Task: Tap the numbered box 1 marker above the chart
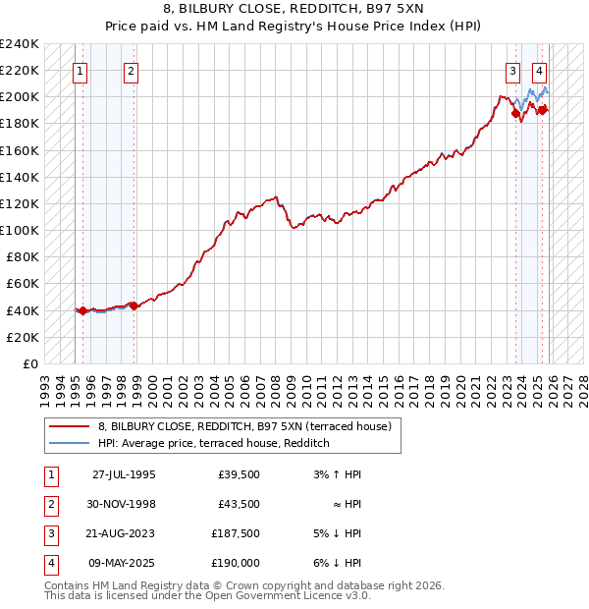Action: point(80,70)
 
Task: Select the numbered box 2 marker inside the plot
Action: point(131,70)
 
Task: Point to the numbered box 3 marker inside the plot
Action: point(512,70)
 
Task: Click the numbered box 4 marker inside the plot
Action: point(540,70)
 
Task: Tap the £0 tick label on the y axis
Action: point(29,363)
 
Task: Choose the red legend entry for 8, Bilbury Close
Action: point(244,426)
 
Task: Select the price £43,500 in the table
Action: point(239,504)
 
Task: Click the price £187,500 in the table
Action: point(236,533)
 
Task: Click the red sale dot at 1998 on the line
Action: point(134,305)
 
